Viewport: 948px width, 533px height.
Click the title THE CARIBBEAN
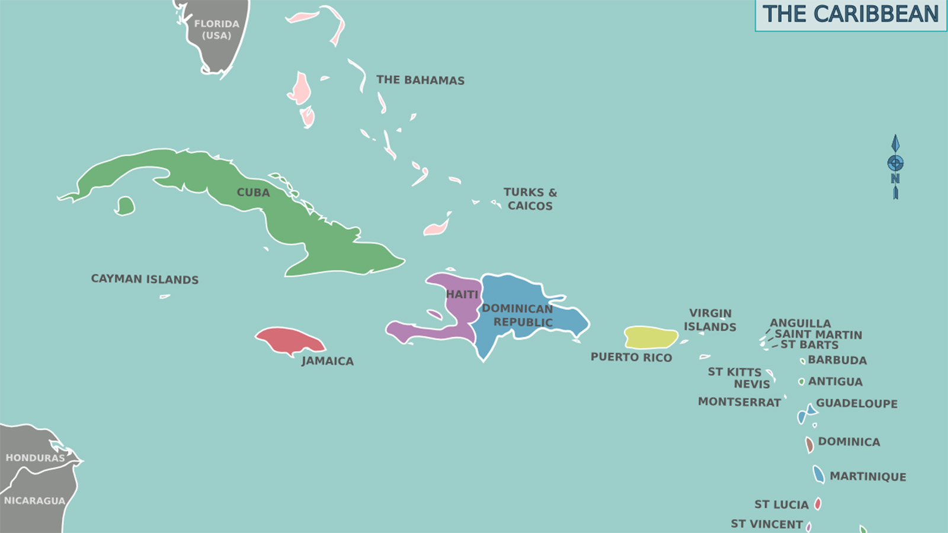[850, 14]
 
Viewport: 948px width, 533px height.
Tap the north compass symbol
[895, 166]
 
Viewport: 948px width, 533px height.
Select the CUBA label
[253, 192]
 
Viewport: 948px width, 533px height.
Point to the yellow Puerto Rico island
[650, 338]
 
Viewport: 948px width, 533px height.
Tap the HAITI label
[462, 294]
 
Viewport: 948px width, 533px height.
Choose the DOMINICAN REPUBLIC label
[517, 316]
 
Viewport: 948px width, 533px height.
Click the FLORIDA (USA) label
[217, 30]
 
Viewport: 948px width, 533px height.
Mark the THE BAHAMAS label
[420, 80]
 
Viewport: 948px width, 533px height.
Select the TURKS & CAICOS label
[530, 199]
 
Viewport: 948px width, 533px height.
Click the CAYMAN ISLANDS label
[145, 279]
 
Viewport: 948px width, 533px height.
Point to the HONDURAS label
[35, 458]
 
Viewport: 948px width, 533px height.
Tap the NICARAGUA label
[34, 500]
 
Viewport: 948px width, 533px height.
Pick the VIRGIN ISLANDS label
[710, 320]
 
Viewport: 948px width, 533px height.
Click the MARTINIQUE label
[867, 477]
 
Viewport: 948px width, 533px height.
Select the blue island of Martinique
[818, 474]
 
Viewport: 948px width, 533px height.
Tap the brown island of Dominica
[809, 445]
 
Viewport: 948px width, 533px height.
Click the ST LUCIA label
[781, 505]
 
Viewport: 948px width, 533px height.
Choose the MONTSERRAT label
[739, 402]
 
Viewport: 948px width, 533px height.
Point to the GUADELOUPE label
[856, 403]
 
